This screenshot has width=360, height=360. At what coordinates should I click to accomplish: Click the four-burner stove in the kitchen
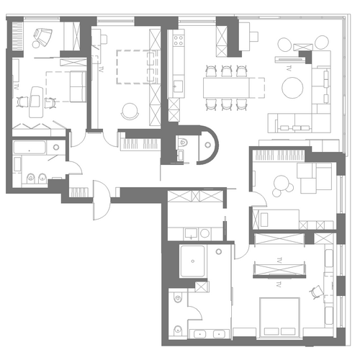(179, 40)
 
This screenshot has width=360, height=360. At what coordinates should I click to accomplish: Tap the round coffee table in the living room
(292, 88)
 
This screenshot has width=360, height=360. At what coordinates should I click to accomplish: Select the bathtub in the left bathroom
(30, 148)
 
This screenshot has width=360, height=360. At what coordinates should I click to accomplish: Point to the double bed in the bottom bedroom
(280, 318)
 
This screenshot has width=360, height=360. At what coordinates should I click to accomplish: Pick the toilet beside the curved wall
(183, 143)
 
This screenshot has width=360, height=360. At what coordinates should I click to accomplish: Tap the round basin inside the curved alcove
(208, 145)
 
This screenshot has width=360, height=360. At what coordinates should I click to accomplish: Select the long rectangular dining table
(226, 88)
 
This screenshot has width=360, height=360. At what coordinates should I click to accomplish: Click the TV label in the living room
(288, 68)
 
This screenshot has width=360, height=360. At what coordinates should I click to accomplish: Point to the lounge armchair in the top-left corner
(42, 37)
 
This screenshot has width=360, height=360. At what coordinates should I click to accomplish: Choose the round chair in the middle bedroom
(130, 111)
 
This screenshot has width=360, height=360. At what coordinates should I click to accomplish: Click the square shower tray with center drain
(193, 261)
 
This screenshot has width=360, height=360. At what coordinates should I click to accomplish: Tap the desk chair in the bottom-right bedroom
(316, 292)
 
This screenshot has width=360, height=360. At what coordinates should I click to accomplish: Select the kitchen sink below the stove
(178, 86)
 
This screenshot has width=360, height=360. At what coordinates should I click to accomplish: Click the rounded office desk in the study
(36, 102)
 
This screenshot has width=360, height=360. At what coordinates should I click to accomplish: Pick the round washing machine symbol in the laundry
(204, 233)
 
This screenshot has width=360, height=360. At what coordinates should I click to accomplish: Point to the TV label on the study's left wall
(17, 87)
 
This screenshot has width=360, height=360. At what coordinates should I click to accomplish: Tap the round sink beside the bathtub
(56, 147)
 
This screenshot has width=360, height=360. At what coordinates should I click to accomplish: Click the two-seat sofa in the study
(78, 86)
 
